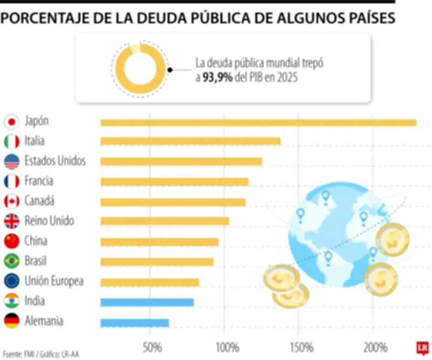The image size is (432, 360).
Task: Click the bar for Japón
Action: [x=258, y=123]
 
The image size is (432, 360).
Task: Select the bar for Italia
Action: [x=190, y=141]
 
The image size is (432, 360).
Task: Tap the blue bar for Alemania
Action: [x=134, y=323]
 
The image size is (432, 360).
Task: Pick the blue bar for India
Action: [x=147, y=302]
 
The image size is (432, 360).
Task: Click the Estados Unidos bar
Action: [x=181, y=161]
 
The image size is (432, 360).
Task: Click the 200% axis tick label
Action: [x=375, y=346]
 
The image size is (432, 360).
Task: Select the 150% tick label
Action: [x=301, y=346]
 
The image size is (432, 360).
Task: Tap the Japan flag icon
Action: [x=11, y=122]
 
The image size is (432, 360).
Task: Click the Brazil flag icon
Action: [x=11, y=262]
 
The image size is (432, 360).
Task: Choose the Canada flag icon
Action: [x=11, y=202]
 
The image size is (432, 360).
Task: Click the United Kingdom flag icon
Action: [x=11, y=222]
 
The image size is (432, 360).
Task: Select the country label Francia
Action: [x=39, y=181]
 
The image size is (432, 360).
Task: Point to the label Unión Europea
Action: [x=54, y=281]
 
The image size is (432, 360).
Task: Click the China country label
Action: [x=36, y=241]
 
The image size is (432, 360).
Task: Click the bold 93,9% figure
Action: [x=217, y=78]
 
